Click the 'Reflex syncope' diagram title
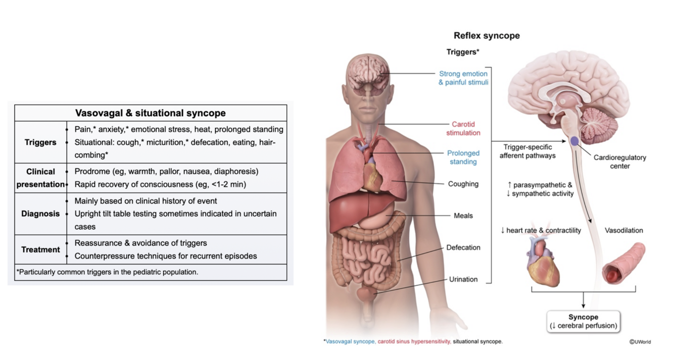click(487, 36)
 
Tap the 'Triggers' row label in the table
click(40, 142)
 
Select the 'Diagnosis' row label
click(40, 214)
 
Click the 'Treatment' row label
click(40, 249)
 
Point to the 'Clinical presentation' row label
click(40, 178)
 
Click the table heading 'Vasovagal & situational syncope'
click(151, 113)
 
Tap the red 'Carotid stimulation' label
click(463, 129)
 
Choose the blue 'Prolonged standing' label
click(463, 158)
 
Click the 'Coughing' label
click(463, 184)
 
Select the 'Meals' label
click(463, 216)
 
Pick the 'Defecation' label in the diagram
click(463, 247)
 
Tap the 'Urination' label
click(463, 279)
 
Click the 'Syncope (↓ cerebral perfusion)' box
click(583, 321)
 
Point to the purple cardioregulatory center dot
click(574, 142)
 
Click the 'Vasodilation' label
click(623, 230)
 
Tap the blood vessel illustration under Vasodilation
click(624, 263)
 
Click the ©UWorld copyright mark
click(640, 342)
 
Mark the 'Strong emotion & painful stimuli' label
click(463, 78)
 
